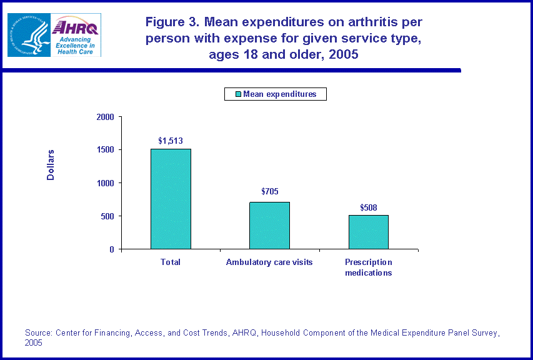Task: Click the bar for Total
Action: click(x=171, y=199)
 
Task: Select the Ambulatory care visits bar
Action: click(x=269, y=225)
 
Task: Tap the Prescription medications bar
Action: click(x=369, y=232)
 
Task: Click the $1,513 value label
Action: click(x=171, y=141)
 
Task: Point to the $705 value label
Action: click(x=269, y=192)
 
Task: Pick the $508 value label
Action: click(x=369, y=207)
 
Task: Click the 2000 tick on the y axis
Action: click(x=106, y=117)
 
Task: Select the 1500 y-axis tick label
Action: click(x=106, y=150)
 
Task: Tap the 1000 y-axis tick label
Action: click(x=106, y=183)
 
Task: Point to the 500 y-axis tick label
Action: click(x=108, y=216)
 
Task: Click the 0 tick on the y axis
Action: click(x=112, y=249)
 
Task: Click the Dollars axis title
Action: click(x=51, y=165)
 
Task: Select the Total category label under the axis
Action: click(x=171, y=262)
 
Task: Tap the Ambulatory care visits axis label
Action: click(x=269, y=262)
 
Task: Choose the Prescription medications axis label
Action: click(x=369, y=267)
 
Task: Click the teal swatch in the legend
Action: click(x=237, y=94)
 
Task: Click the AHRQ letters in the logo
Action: click(x=76, y=27)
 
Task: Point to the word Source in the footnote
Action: click(x=38, y=333)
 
